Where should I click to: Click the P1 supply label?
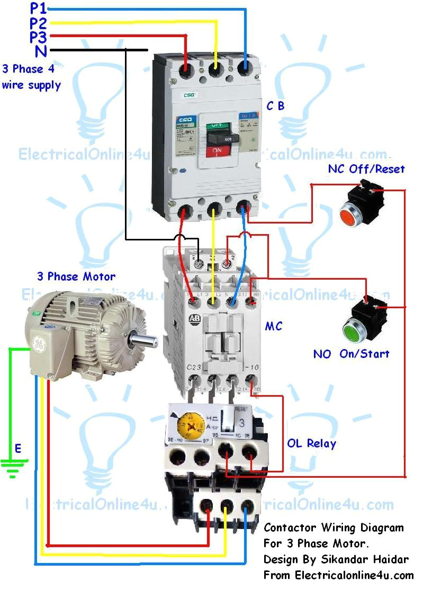38,8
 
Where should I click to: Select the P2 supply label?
38,23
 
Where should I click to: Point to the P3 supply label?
38,37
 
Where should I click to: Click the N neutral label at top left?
40,51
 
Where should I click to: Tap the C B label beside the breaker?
275,106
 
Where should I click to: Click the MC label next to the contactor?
274,326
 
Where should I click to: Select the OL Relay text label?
311,443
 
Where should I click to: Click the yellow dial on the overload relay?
185,422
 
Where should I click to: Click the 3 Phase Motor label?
76,276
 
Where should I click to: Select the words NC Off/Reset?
366,169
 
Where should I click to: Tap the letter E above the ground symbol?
18,449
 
